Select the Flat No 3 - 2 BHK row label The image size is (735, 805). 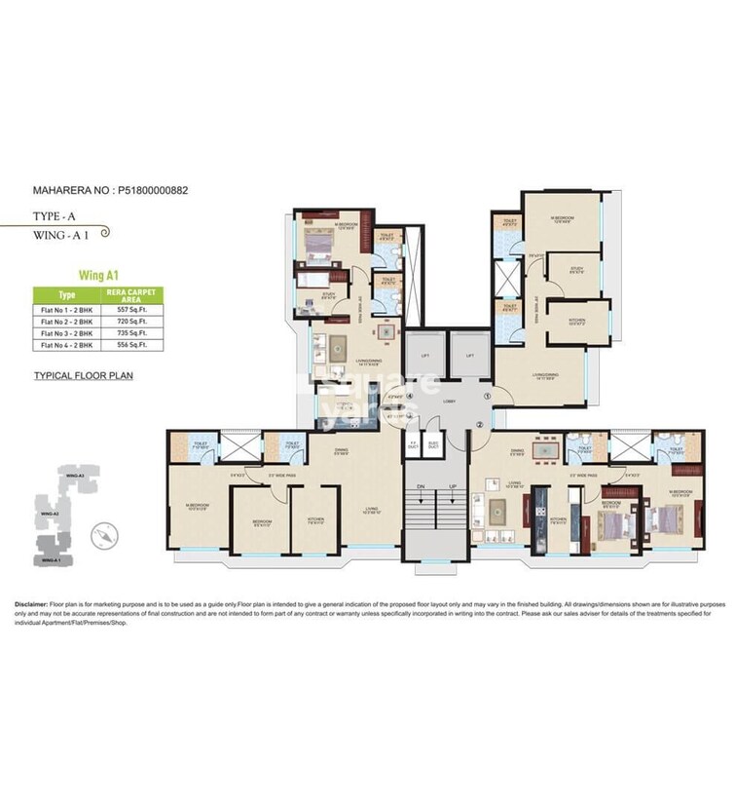[x=66, y=331]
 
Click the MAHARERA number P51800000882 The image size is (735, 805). [x=151, y=190]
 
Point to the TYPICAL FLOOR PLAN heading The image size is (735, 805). [x=82, y=374]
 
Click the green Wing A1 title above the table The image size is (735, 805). [x=99, y=275]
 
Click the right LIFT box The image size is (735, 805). [x=469, y=357]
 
